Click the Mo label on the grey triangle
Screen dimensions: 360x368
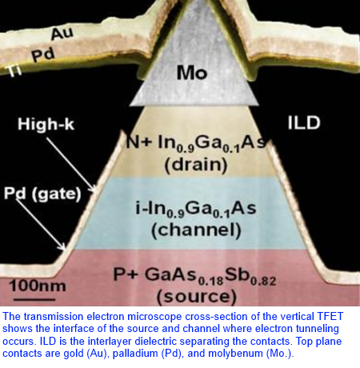tap(192, 73)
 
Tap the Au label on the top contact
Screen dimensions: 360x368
tap(62, 33)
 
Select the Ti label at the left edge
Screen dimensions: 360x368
tap(14, 71)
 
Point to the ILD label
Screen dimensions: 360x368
tap(304, 123)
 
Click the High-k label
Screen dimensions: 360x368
tap(46, 124)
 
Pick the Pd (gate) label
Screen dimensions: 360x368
tap(42, 194)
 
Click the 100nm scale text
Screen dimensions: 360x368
tap(38, 286)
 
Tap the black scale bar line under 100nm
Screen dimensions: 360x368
tap(34, 299)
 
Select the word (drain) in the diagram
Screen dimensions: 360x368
tap(196, 165)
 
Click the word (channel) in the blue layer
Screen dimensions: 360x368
tap(196, 230)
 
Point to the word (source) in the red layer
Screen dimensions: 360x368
tap(197, 297)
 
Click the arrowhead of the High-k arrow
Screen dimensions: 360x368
tap(93, 189)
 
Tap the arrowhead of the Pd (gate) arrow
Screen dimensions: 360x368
tap(63, 247)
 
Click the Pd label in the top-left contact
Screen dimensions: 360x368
tap(43, 54)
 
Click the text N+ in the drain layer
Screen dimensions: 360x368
tap(139, 142)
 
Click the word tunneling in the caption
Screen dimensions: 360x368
tap(317, 329)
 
